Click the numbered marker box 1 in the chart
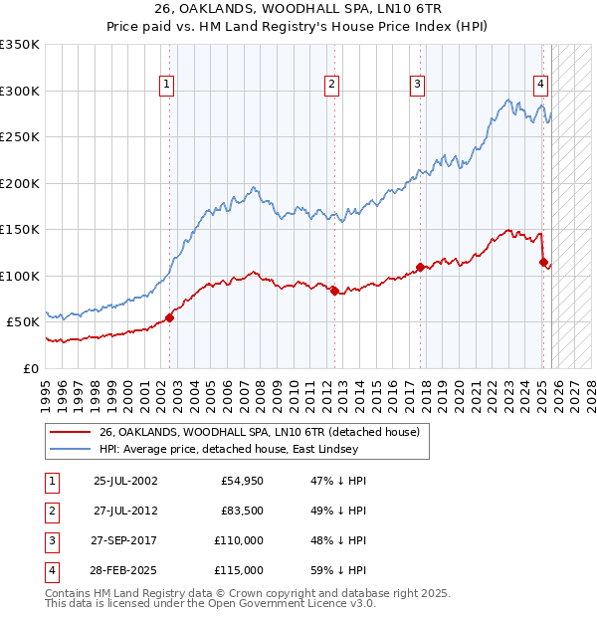(166, 85)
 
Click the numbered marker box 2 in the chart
(331, 85)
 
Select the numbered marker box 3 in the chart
(418, 85)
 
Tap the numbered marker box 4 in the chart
(540, 85)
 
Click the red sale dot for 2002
(169, 317)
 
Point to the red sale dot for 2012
(334, 291)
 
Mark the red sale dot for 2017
(420, 267)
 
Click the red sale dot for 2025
(543, 263)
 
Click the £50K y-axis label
(24, 322)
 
